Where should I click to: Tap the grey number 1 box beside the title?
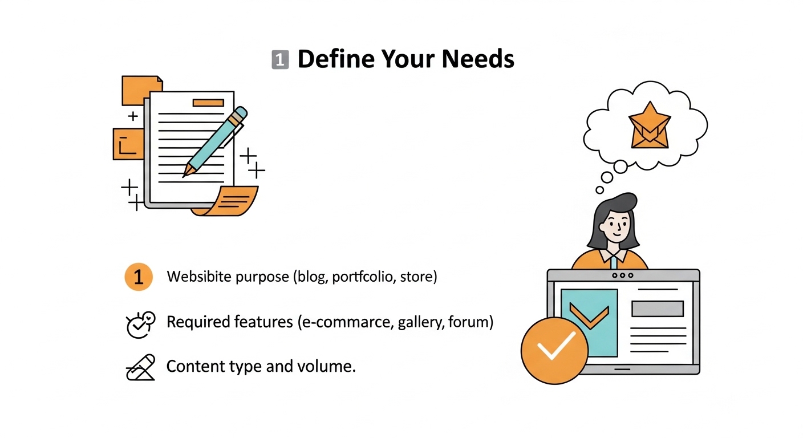pyautogui.click(x=280, y=59)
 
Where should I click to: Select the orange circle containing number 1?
pyautogui.click(x=139, y=277)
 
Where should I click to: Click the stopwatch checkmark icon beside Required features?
pyautogui.click(x=140, y=325)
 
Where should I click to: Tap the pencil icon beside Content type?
pyautogui.click(x=140, y=367)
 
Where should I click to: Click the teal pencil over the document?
pyautogui.click(x=215, y=142)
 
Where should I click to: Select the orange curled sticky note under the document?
pyautogui.click(x=226, y=201)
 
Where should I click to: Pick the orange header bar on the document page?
pyautogui.click(x=208, y=103)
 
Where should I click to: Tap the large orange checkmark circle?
pyautogui.click(x=554, y=351)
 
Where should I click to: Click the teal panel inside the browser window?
pyautogui.click(x=589, y=323)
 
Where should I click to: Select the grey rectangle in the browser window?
pyautogui.click(x=658, y=309)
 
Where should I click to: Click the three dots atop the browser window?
pyautogui.click(x=623, y=275)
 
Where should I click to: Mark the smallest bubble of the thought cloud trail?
pyautogui.click(x=600, y=190)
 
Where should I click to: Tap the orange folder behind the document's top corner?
pyautogui.click(x=141, y=90)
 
